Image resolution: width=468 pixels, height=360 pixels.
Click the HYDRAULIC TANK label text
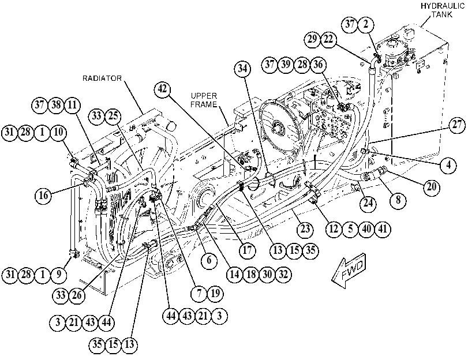(443, 10)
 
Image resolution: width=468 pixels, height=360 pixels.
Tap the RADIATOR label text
(102, 78)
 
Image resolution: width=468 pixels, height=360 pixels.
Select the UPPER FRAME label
(204, 100)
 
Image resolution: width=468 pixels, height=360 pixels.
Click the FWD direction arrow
(349, 271)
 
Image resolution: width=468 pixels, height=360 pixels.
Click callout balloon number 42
(163, 89)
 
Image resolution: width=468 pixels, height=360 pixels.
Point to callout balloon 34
(242, 69)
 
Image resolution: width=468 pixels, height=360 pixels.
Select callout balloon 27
(456, 125)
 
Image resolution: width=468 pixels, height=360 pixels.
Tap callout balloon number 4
(448, 165)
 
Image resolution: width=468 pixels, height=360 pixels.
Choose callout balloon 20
(432, 187)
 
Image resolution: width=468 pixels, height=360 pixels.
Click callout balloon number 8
(398, 200)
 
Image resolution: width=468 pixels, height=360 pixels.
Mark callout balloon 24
(368, 203)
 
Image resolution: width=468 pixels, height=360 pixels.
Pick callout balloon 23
(305, 229)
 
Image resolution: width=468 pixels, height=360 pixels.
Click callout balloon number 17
(247, 250)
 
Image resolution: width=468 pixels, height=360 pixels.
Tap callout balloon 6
(209, 260)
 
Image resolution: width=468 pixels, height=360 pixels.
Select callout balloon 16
(43, 195)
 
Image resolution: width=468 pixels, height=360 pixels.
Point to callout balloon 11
(72, 105)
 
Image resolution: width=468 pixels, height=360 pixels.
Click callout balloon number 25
(113, 116)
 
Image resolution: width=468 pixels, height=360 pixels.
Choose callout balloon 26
(77, 295)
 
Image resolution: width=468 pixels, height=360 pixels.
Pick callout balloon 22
(328, 39)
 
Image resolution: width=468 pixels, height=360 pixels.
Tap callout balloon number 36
(318, 65)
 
